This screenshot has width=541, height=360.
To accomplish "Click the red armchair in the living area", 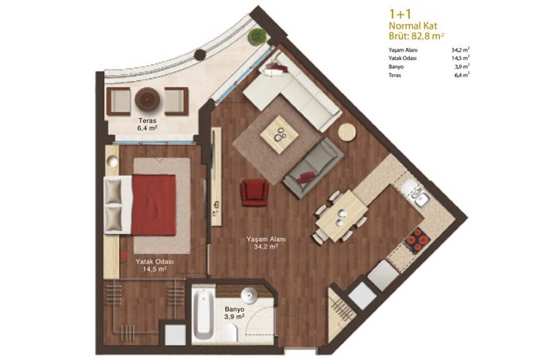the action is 254,192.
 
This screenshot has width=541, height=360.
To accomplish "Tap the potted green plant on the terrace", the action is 257,36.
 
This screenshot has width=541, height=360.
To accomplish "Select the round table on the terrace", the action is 148,100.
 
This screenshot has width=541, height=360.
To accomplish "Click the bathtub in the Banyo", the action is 202,314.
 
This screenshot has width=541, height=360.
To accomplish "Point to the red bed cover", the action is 154,205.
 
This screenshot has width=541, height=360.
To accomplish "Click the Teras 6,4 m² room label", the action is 148,124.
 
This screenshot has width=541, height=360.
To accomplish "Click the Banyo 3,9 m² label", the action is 234,313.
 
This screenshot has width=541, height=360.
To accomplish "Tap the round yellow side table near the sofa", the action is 347,132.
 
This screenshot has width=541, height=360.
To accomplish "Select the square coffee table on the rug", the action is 280,134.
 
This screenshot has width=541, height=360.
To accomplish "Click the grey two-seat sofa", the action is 313,168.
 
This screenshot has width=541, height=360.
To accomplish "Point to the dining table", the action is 342,216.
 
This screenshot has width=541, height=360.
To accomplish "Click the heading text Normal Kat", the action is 413,25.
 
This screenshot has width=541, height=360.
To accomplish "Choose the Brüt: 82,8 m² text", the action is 416,36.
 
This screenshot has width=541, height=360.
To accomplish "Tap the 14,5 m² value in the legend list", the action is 461,58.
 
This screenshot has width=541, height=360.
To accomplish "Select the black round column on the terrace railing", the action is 199,55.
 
